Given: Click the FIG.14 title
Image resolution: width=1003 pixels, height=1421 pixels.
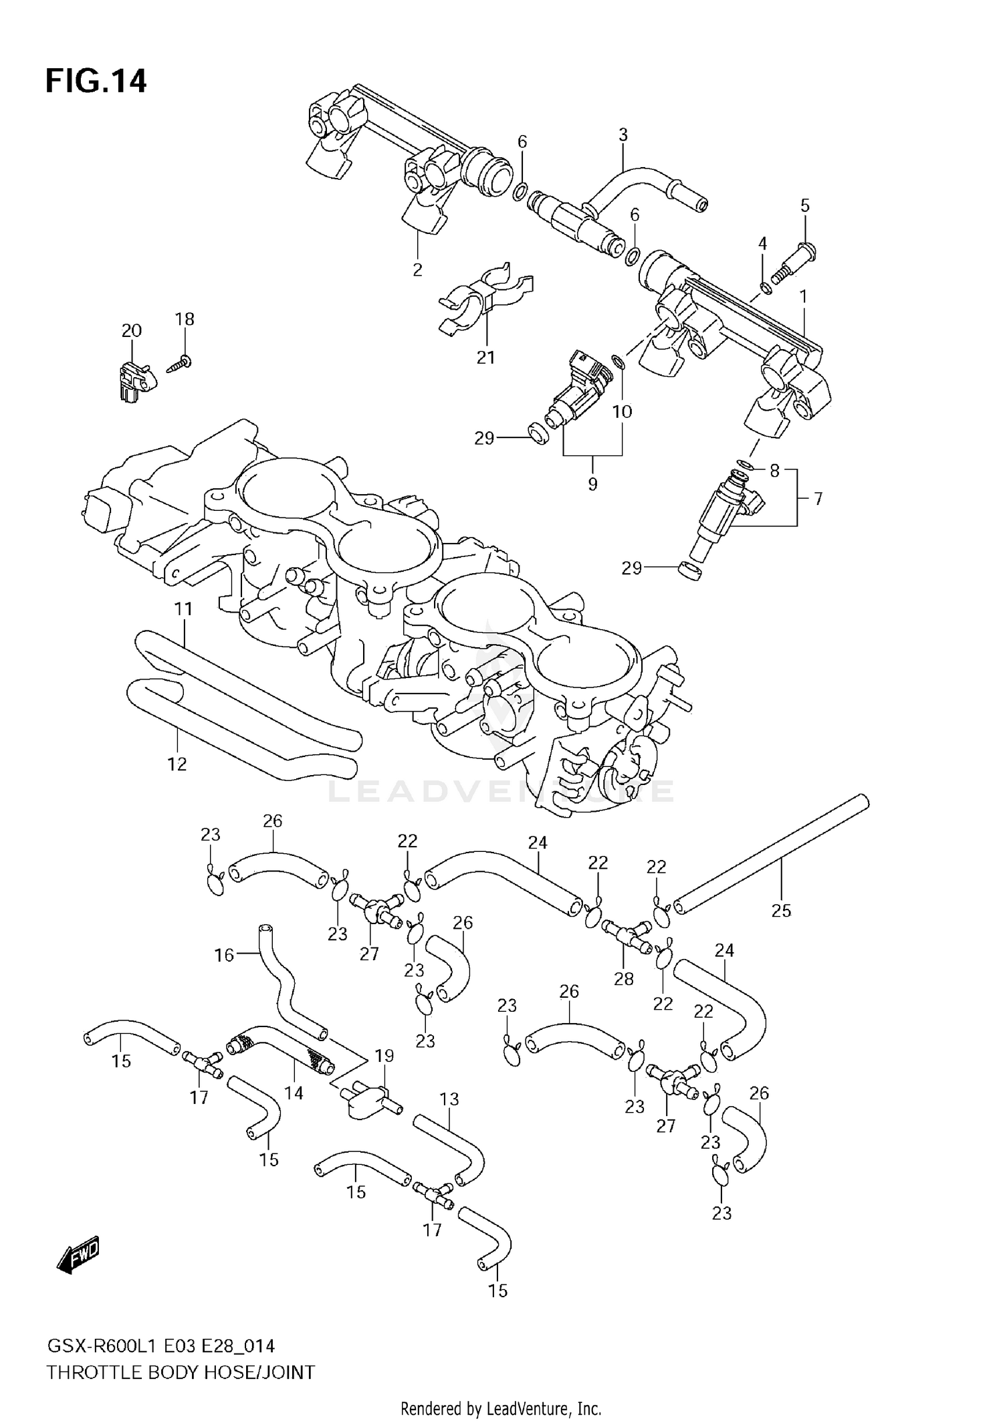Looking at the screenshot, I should (96, 82).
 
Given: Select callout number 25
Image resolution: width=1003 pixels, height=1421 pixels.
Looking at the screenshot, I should (781, 910).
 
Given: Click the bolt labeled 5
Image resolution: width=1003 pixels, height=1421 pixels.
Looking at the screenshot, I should (796, 264).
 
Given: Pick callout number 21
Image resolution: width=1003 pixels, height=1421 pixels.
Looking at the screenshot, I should (485, 357).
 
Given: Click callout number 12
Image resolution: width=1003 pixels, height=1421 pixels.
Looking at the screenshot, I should (177, 764).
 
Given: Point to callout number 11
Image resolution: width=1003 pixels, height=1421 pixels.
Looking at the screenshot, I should (183, 609).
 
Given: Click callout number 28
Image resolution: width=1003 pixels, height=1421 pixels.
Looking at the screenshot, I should (623, 979).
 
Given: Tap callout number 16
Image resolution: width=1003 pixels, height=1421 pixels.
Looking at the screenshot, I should (224, 955).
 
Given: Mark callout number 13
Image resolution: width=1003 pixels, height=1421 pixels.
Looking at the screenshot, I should (449, 1099).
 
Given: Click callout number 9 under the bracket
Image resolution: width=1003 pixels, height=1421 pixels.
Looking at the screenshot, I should (592, 483).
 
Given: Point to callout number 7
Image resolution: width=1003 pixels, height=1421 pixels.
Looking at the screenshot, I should (817, 498).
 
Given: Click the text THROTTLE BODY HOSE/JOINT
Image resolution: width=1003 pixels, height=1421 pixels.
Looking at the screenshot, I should (181, 1373).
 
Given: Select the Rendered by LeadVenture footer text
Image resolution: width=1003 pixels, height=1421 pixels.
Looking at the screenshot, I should (501, 1408).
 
